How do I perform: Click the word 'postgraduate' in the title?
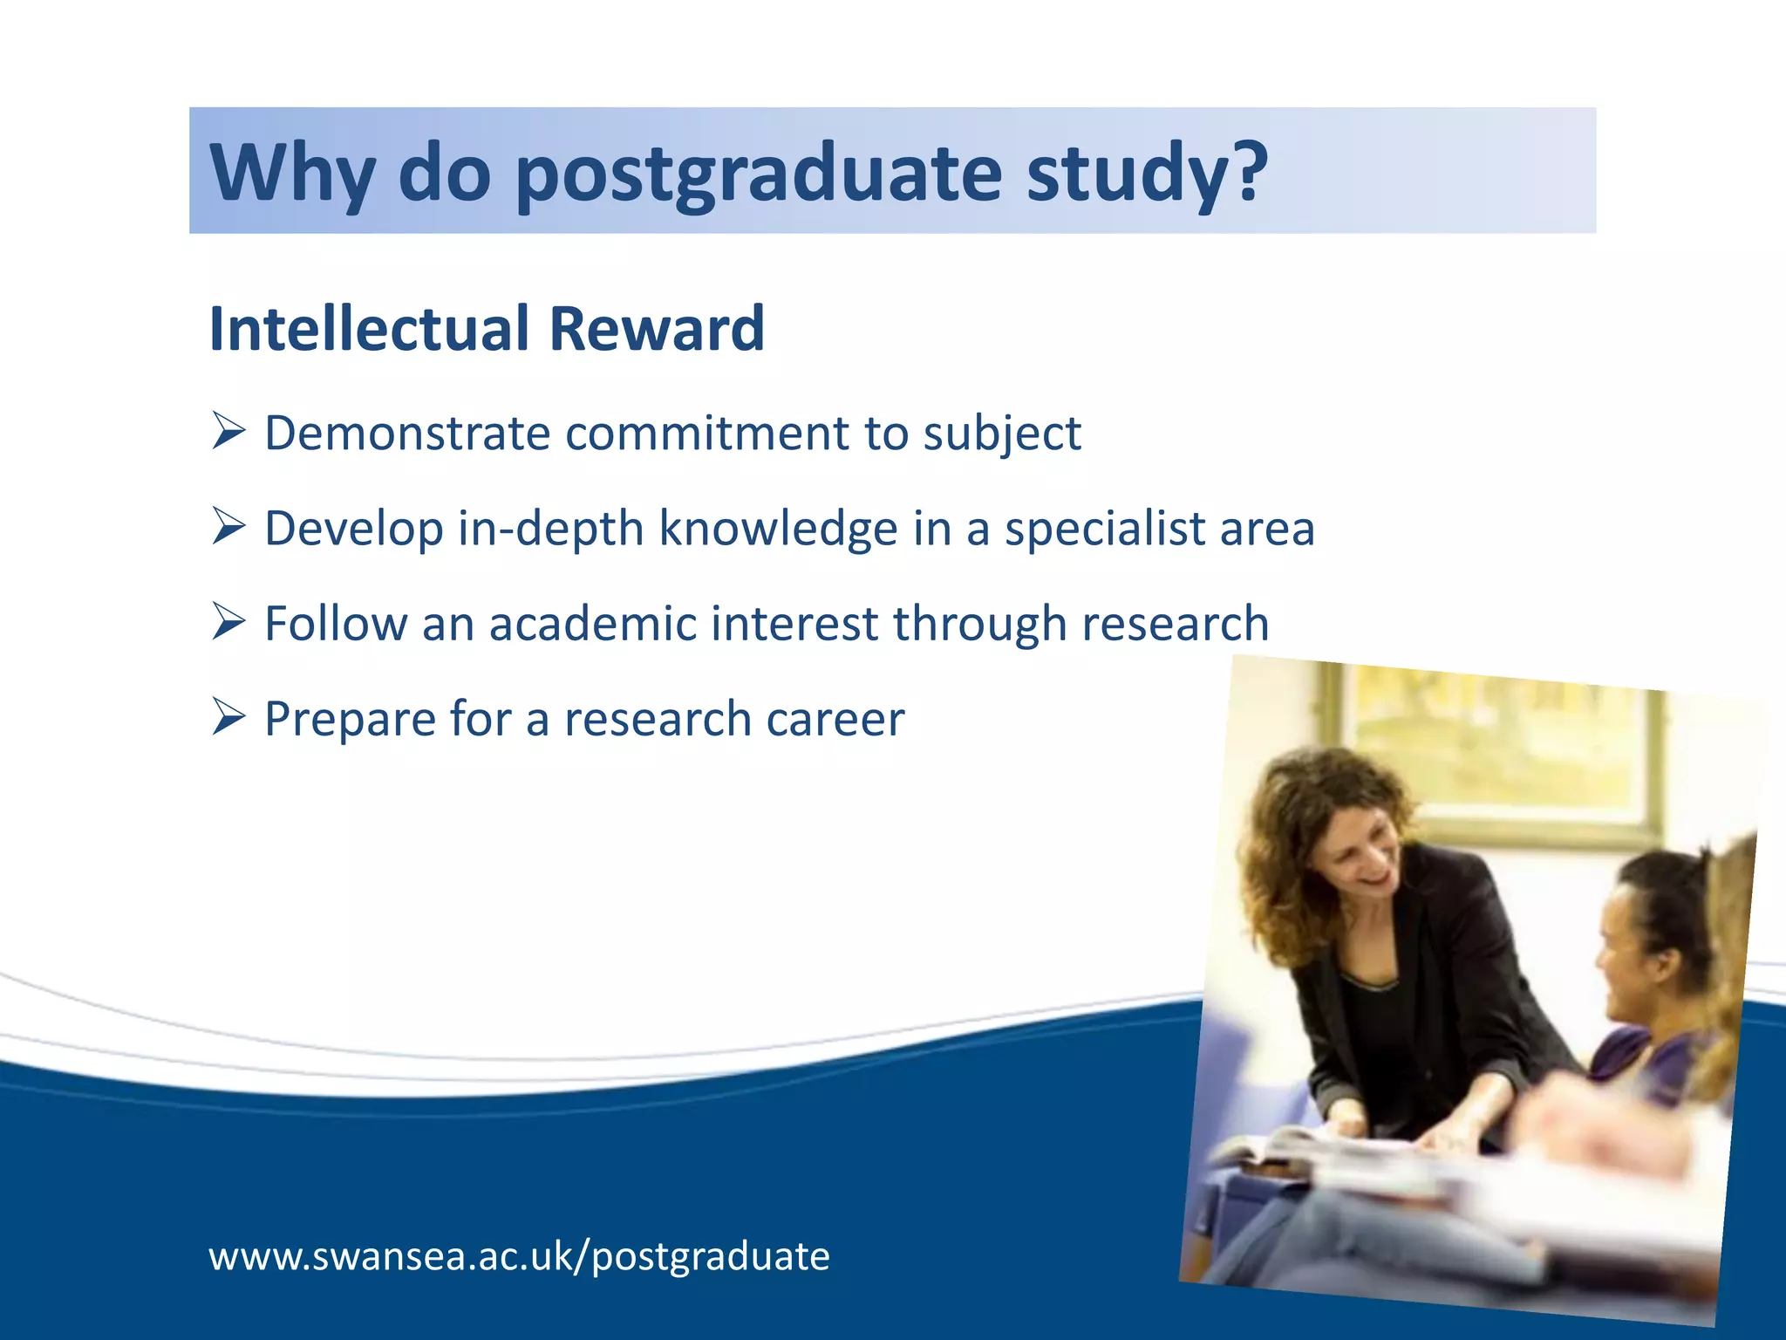tap(759, 174)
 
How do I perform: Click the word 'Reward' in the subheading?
tap(657, 329)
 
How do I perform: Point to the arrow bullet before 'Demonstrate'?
tap(228, 431)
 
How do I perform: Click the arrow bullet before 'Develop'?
tap(228, 526)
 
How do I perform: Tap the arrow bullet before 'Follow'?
tap(228, 621)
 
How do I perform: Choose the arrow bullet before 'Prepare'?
tap(228, 716)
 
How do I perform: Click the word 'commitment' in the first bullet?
tap(707, 434)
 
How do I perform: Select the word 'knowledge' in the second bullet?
tap(778, 529)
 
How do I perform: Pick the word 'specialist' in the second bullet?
tap(1104, 529)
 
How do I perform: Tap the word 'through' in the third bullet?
tap(979, 624)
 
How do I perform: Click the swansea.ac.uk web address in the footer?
tap(519, 1256)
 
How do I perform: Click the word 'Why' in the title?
tap(293, 174)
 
